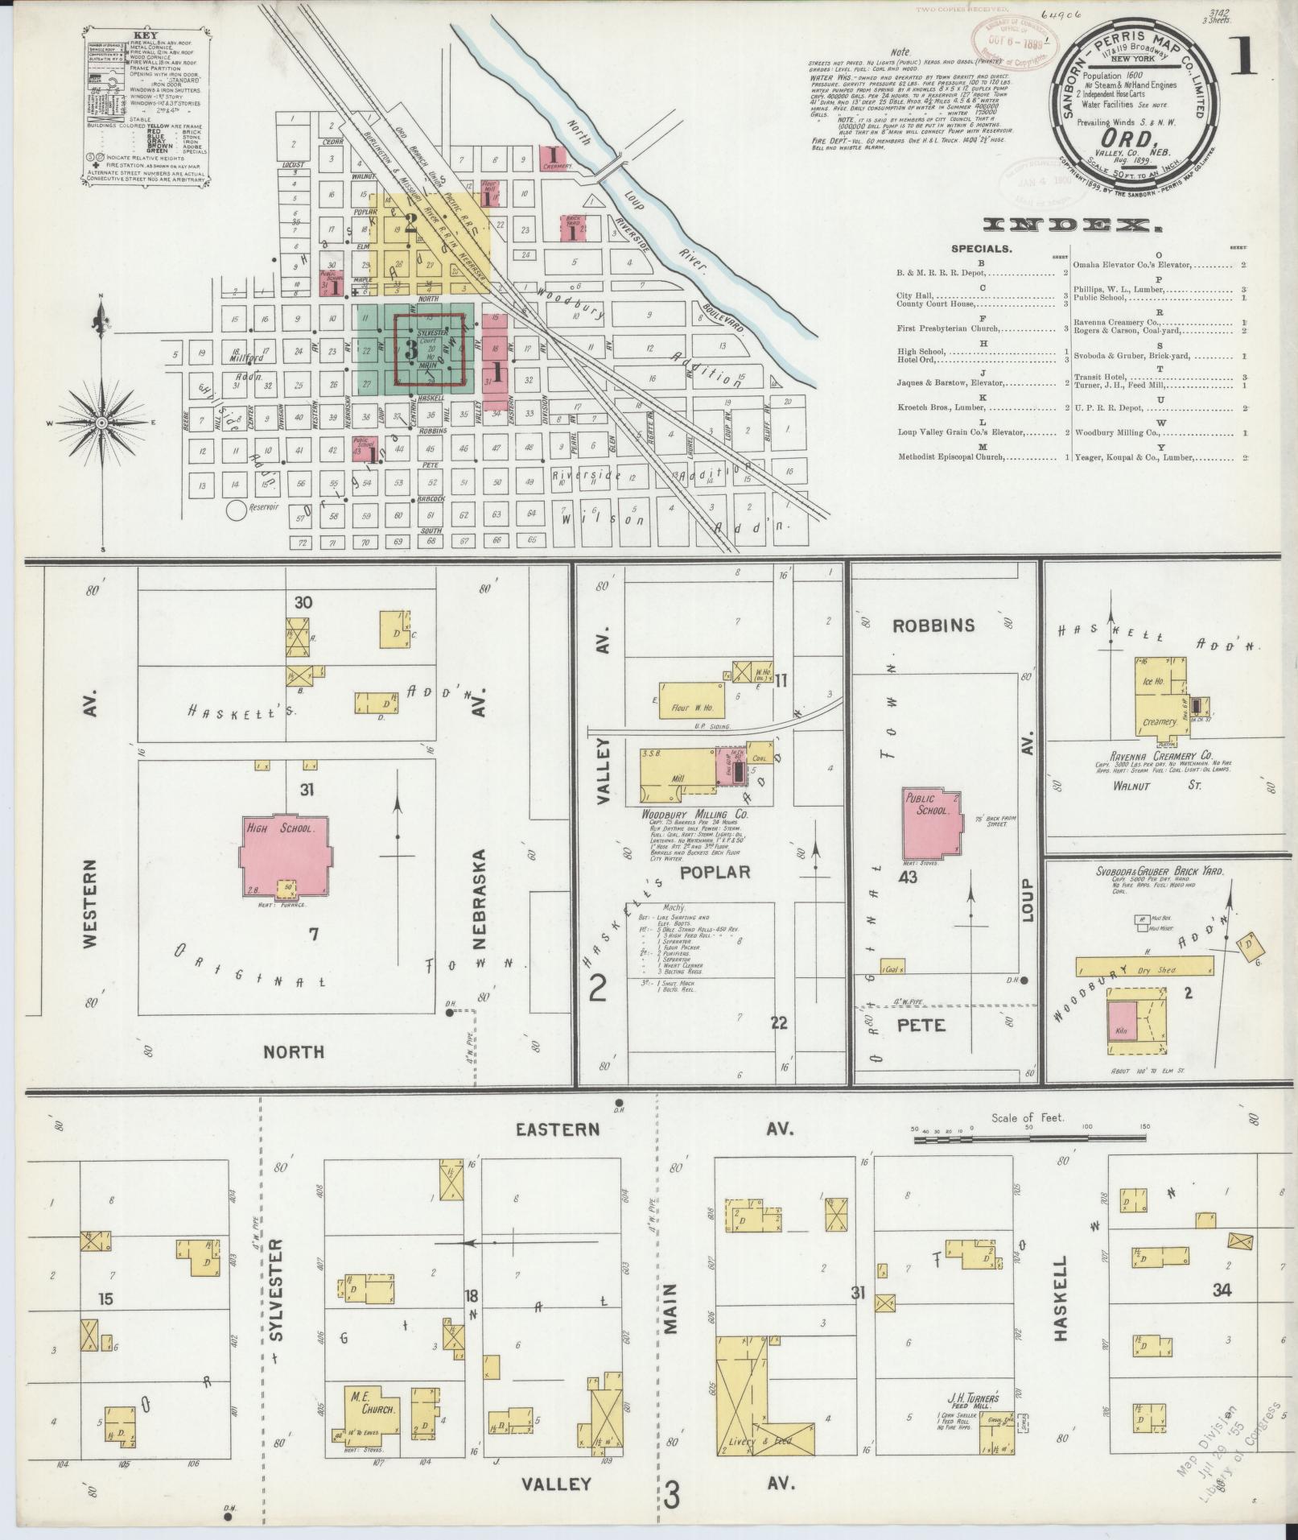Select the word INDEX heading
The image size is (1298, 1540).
point(1073,226)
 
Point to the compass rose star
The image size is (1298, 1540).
point(103,422)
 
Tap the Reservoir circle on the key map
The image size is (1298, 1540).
point(237,509)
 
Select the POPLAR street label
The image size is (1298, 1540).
point(715,872)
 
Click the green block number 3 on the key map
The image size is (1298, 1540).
point(411,351)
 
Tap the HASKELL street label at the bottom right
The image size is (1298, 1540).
point(1060,1310)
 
